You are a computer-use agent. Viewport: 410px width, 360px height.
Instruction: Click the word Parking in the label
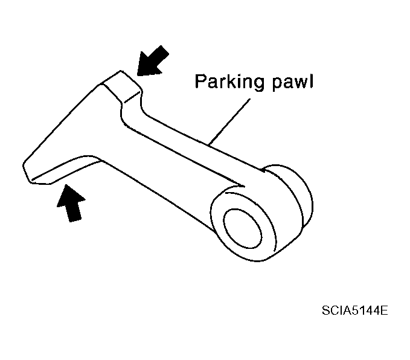(229, 82)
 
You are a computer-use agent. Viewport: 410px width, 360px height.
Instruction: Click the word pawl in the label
(293, 82)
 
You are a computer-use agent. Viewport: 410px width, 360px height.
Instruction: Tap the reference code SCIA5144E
(355, 310)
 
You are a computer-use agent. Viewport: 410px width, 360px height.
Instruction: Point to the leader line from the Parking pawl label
(229, 121)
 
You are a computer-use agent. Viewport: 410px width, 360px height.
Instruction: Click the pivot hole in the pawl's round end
(242, 228)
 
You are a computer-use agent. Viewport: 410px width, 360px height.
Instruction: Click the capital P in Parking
(200, 82)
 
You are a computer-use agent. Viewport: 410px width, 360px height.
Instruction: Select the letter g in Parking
(258, 85)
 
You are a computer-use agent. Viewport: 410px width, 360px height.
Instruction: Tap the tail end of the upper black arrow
(165, 50)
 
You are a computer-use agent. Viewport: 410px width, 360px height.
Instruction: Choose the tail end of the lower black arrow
(75, 220)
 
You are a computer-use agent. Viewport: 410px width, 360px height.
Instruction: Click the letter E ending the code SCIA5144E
(384, 310)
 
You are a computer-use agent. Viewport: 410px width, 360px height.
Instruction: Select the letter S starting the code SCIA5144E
(326, 310)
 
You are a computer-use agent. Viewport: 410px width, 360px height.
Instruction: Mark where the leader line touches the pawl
(208, 144)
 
